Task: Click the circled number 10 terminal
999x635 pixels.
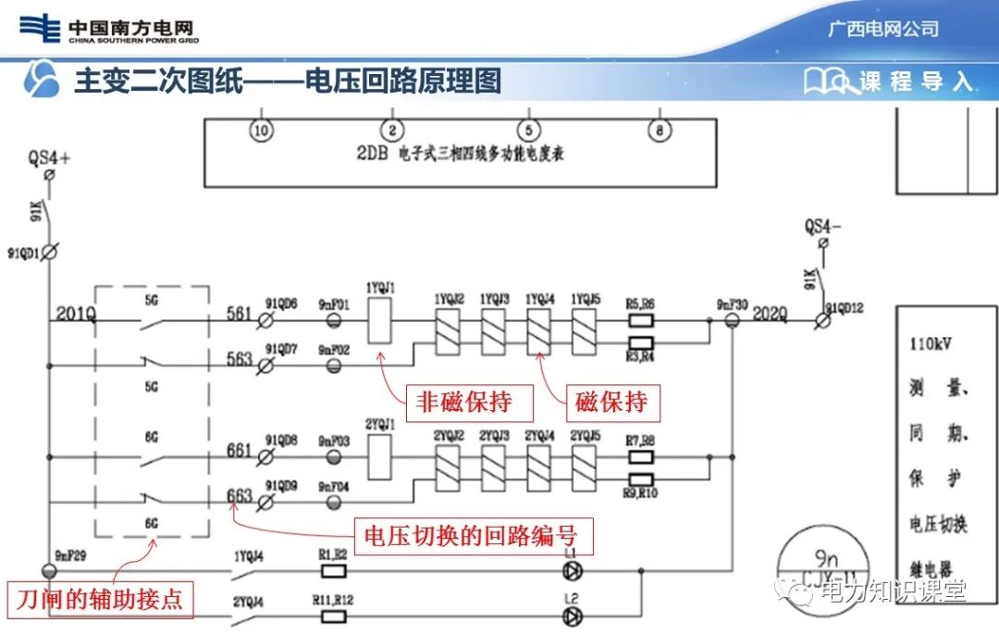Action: (x=262, y=131)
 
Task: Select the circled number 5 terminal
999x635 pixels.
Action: (x=527, y=131)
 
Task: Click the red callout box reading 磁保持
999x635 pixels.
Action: (x=611, y=404)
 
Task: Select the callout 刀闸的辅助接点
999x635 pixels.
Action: (x=101, y=600)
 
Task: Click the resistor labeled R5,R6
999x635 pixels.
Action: (x=640, y=322)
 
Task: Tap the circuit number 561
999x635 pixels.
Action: (x=239, y=314)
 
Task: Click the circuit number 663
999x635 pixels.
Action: (x=239, y=496)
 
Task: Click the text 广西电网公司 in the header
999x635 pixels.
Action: (x=882, y=29)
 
